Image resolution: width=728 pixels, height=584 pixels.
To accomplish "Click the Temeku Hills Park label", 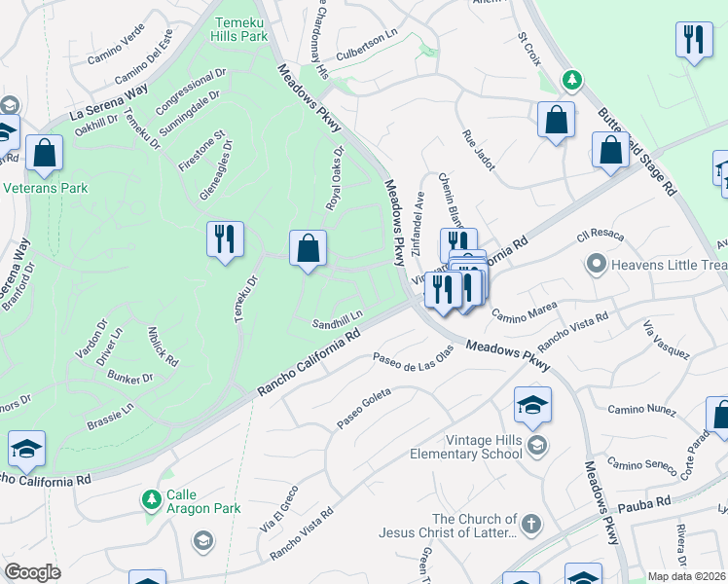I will [239, 27].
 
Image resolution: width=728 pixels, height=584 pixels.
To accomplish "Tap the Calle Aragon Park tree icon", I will [151, 499].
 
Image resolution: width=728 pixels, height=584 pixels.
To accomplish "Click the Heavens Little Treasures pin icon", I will [595, 263].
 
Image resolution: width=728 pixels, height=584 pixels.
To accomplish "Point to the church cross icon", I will [530, 525].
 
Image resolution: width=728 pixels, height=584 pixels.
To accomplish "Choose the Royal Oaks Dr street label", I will [335, 179].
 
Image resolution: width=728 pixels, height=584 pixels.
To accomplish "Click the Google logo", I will [32, 572].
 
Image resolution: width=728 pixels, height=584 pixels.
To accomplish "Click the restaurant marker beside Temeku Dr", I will [225, 239].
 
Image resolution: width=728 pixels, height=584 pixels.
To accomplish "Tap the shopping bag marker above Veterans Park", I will [44, 153].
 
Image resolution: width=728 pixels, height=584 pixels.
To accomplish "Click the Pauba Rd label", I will [649, 502].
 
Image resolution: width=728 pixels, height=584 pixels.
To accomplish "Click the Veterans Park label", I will [45, 188].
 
